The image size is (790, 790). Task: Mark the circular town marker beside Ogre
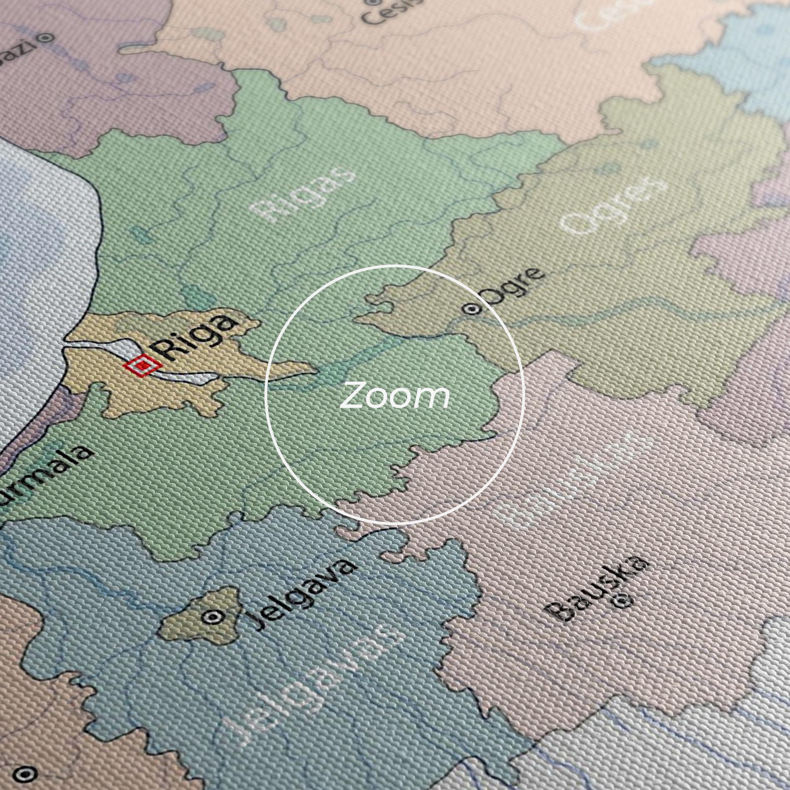472,309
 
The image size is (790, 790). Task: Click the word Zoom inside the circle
394,397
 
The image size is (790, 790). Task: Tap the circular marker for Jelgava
215,617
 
